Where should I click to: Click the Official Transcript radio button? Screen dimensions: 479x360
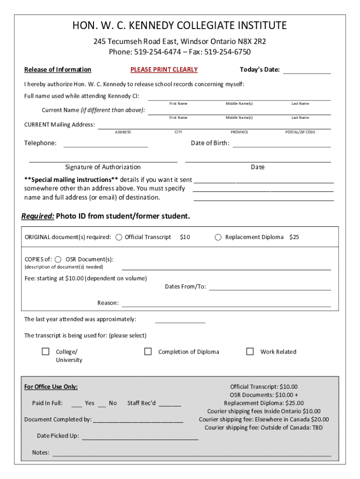pos(119,237)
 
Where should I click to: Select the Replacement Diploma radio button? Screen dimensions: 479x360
pos(218,237)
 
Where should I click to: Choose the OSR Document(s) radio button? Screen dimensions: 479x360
pos(58,260)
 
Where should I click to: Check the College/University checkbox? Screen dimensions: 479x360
pos(46,351)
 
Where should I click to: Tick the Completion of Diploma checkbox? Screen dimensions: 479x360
pos(148,351)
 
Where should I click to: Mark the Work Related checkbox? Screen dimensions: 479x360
pos(250,351)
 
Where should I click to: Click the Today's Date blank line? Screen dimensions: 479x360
pos(307,73)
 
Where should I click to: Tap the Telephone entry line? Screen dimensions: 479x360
pos(106,146)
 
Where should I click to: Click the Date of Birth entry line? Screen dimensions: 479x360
pos(281,146)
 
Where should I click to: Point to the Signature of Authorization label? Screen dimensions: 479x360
pos(103,167)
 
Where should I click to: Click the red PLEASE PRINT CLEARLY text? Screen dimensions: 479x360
pos(164,70)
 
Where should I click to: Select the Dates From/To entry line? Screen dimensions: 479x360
pos(270,289)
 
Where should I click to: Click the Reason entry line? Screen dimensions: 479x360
pos(226,305)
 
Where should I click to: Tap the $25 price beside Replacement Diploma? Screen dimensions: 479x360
pos(294,237)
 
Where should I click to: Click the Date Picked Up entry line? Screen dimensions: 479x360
pos(140,439)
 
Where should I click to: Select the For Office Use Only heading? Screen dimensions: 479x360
pos(51,387)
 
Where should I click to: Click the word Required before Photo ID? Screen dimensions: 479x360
pos(37,216)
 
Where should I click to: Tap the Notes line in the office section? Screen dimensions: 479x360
pos(192,455)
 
